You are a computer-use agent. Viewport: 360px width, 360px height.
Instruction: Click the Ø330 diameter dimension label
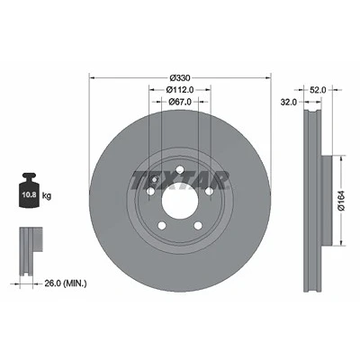[x=180, y=78]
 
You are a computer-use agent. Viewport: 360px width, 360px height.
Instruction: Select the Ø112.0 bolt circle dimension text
[x=180, y=89]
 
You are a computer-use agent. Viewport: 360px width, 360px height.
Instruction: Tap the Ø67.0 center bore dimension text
[x=180, y=102]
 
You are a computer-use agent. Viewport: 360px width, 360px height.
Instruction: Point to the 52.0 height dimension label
[x=318, y=90]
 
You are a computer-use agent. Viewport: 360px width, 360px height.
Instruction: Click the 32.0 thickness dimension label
[x=288, y=103]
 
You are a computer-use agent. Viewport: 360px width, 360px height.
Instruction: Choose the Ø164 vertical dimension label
[x=342, y=201]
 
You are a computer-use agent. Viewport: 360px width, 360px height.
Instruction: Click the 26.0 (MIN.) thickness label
[x=66, y=283]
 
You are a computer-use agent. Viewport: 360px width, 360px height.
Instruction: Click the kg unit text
[x=47, y=196]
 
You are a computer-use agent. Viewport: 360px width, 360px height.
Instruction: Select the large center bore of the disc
[x=180, y=201]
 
